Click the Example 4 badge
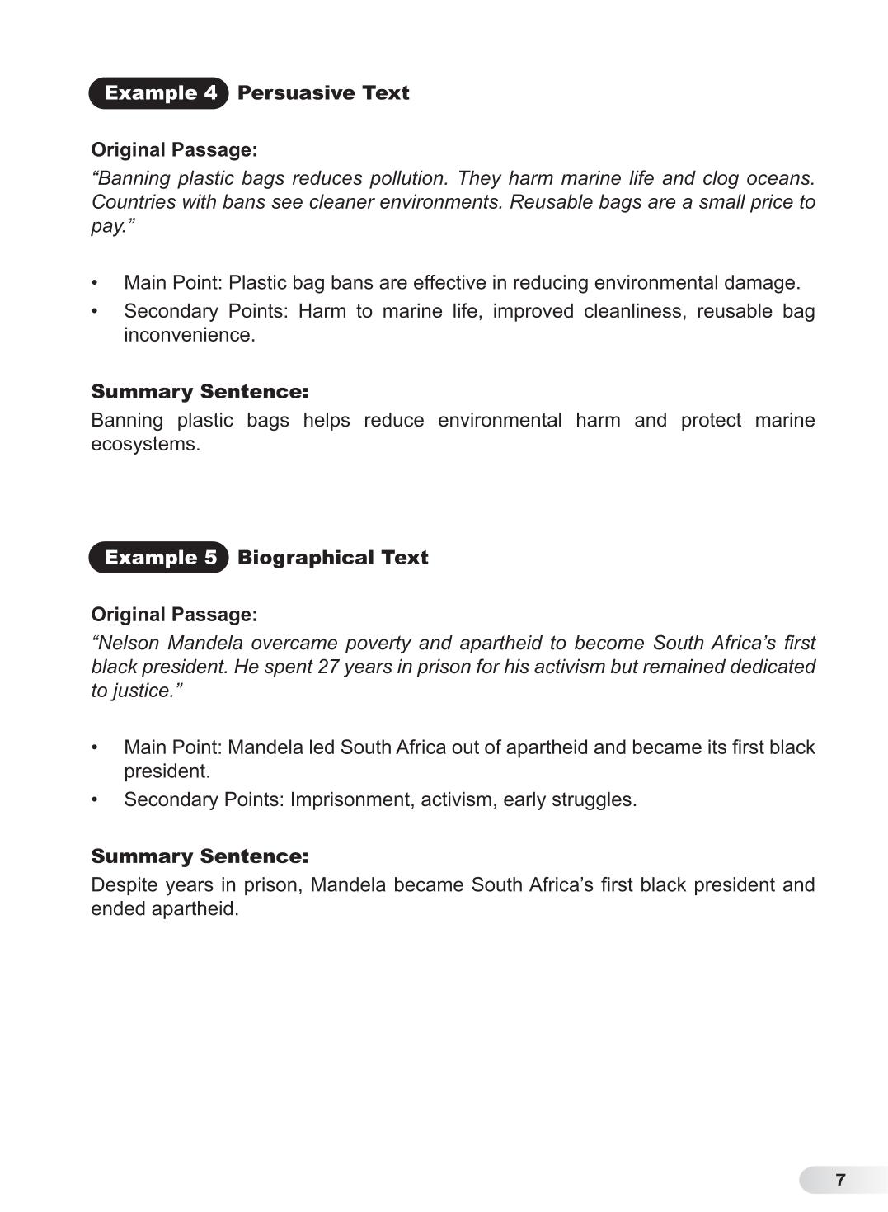(158, 92)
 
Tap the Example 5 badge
(158, 558)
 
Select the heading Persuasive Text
(323, 92)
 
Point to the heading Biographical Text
(333, 558)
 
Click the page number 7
(840, 1180)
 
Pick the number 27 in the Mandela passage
(328, 667)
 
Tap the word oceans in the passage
(783, 178)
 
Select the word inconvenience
(188, 335)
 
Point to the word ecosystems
(144, 444)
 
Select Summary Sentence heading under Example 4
(200, 391)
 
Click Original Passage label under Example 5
(174, 615)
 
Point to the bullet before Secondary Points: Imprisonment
(96, 799)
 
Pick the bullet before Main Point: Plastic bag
(96, 283)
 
